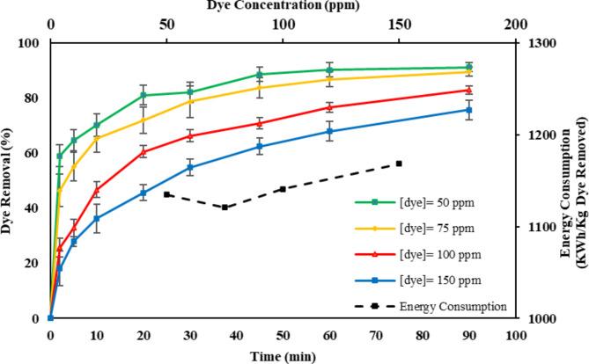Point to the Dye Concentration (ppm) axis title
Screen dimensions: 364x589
point(282,6)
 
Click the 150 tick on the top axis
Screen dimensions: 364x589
point(399,25)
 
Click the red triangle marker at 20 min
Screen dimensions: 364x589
point(144,151)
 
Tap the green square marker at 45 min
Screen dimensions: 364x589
point(260,75)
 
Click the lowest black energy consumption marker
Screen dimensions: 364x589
point(225,207)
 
